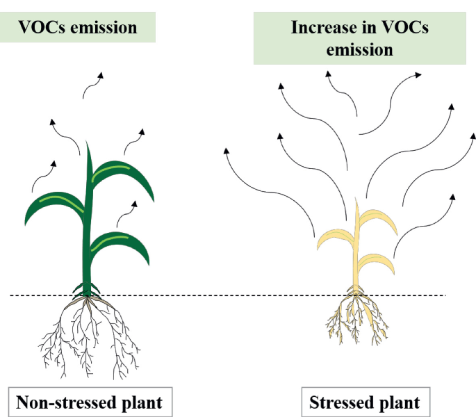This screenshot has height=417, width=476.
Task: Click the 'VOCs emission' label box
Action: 78,28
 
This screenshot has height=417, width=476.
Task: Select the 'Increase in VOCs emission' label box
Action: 359,39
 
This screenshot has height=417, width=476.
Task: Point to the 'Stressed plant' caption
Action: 364,402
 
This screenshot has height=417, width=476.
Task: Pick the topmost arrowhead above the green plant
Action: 101,73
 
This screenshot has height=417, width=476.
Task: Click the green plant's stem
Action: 88,229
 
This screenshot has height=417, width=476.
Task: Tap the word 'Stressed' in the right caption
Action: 340,402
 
